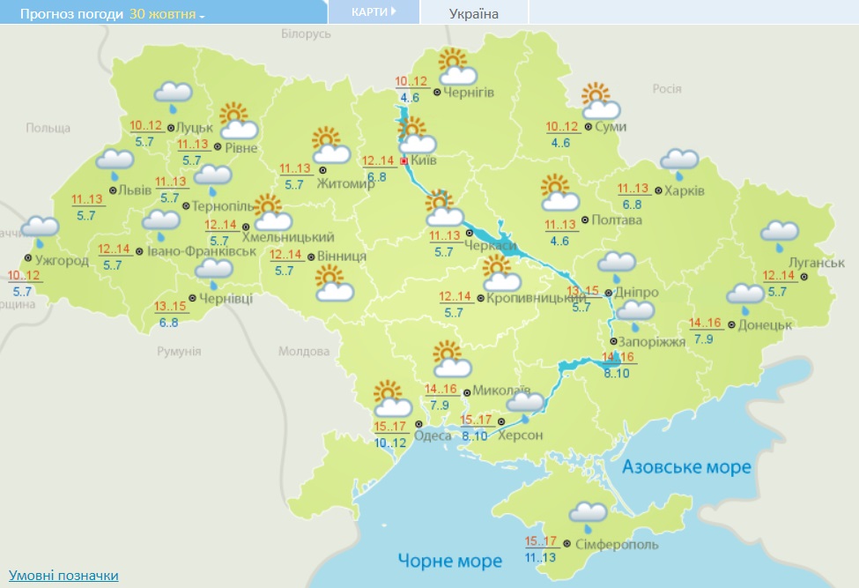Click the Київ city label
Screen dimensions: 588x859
[x=424, y=161]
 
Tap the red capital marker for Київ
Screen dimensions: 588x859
[x=404, y=161]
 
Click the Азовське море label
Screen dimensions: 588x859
[x=686, y=466]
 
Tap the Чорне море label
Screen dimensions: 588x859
[x=449, y=561]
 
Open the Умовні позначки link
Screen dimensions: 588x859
[x=63, y=576]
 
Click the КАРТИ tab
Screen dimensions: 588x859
[x=373, y=12]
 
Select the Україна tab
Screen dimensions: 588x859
[x=473, y=13]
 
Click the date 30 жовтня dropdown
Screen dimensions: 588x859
[x=167, y=15]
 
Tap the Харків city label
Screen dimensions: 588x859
[x=685, y=190]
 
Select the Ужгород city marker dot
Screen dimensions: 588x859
[x=28, y=257]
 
